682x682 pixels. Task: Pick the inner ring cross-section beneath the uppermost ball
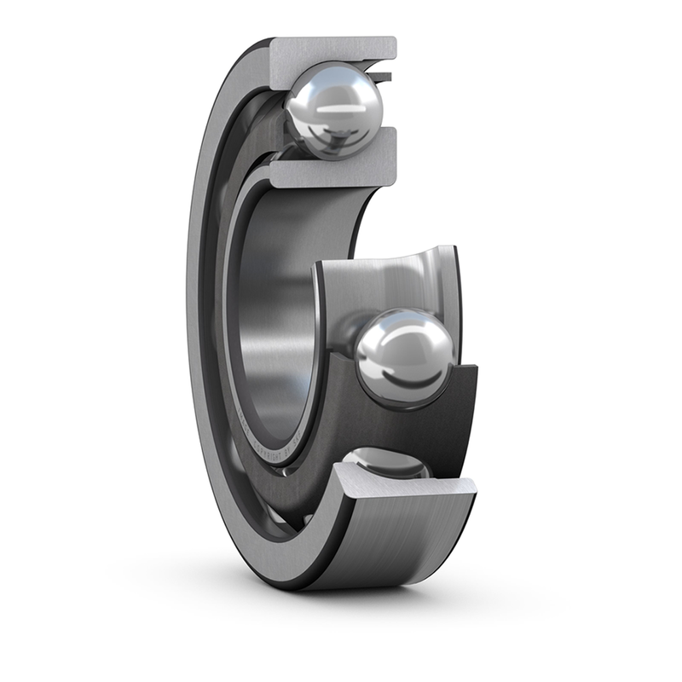pyautogui.click(x=332, y=170)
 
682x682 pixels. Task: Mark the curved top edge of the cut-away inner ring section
pyautogui.click(x=384, y=257)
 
